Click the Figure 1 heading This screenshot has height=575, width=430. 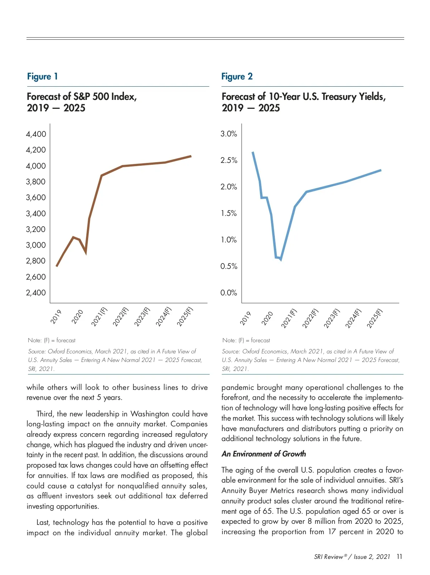click(42, 77)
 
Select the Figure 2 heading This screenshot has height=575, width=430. click(237, 77)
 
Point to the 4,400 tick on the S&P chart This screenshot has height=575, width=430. click(36, 134)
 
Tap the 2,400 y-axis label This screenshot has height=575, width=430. click(36, 293)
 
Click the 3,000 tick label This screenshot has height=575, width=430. click(36, 245)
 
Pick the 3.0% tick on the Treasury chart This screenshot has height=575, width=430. click(229, 134)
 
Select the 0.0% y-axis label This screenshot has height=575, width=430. click(229, 293)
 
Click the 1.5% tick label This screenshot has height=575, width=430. click(229, 213)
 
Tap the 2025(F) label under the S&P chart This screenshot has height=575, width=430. click(185, 317)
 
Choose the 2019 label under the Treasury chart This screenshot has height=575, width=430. click(245, 318)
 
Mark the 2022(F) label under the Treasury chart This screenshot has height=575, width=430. click(310, 318)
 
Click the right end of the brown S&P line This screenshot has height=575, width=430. click(191, 156)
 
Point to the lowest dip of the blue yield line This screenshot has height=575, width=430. click(281, 260)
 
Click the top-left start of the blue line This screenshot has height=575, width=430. click(253, 152)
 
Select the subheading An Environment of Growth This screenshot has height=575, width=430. click(264, 454)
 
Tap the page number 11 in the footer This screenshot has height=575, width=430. click(400, 557)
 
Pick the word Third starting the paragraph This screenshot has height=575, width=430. click(44, 414)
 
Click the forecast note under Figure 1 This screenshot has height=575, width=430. click(52, 340)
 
